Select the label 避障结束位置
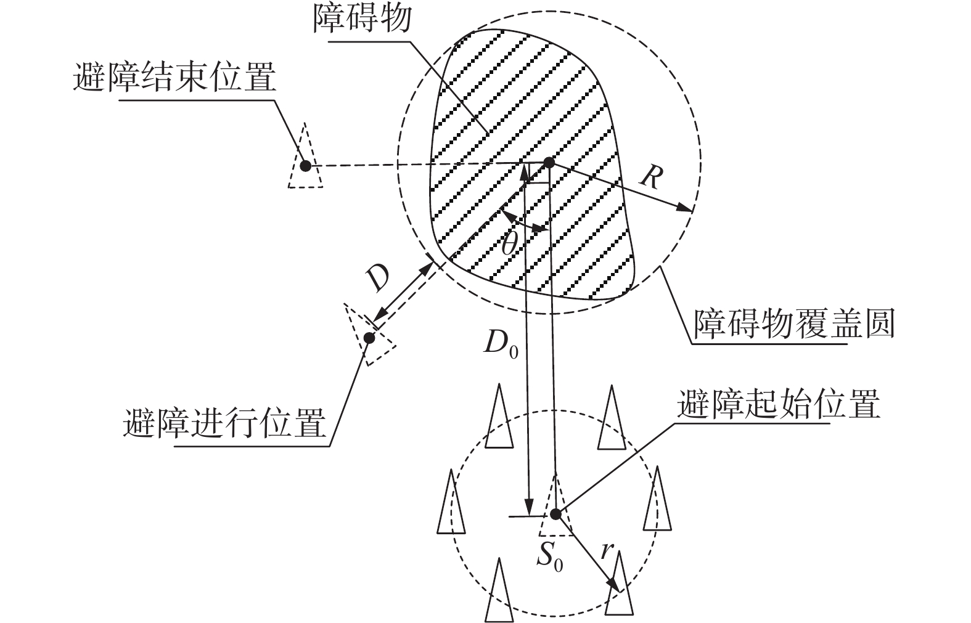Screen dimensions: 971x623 174,78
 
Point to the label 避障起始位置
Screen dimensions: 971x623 778,404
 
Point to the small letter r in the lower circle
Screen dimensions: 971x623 607,549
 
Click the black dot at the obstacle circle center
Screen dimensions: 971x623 548,163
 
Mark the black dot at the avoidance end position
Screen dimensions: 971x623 305,165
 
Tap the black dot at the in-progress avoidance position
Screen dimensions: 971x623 369,337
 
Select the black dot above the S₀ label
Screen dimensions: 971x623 555,513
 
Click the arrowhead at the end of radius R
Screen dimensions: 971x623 686,208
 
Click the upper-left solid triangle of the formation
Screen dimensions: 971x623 499,419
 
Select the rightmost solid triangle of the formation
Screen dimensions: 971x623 657,502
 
